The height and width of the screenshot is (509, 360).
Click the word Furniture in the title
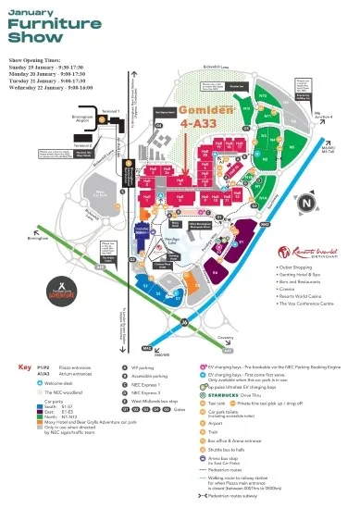click(x=49, y=27)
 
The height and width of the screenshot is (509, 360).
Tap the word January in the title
click(x=32, y=11)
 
